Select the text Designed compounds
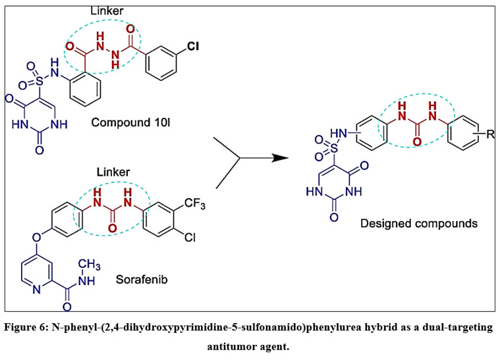tap(419, 224)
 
